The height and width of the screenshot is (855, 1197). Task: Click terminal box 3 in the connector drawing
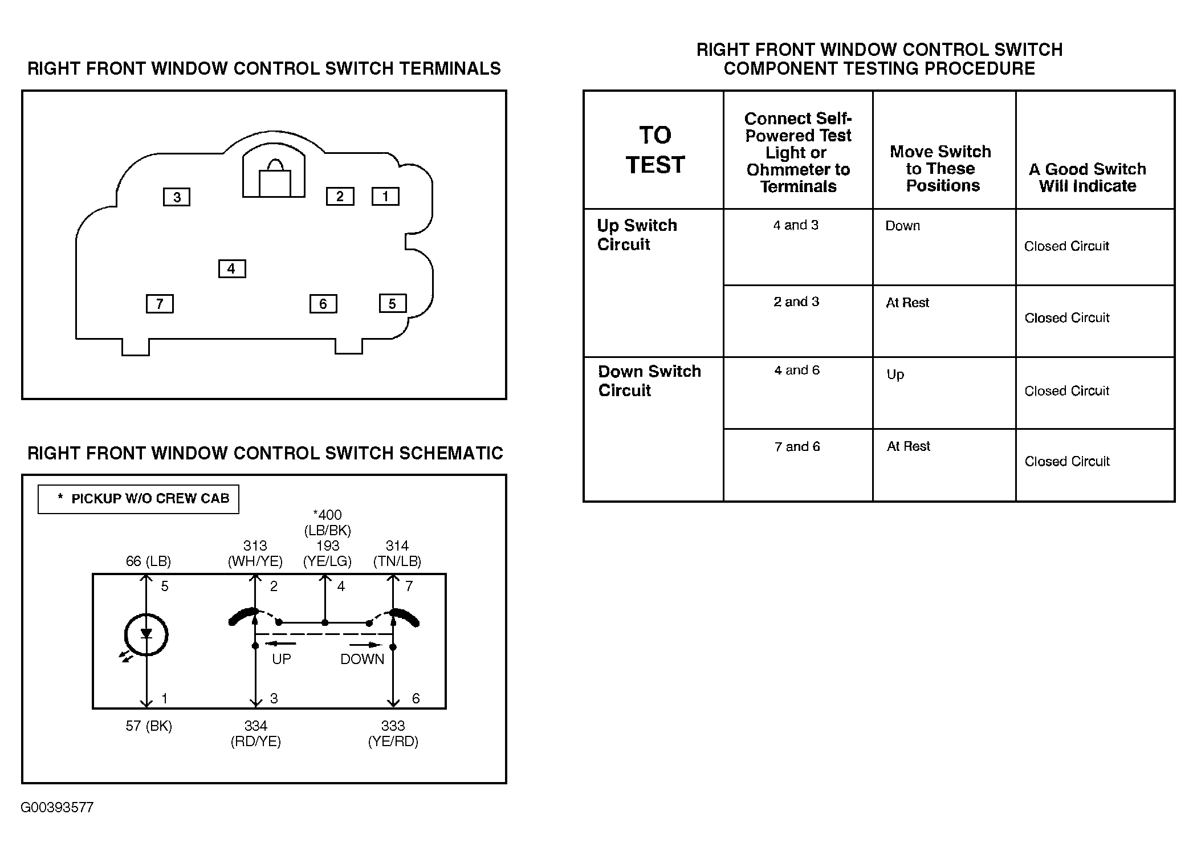(177, 197)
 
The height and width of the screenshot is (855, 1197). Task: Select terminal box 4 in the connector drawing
(232, 268)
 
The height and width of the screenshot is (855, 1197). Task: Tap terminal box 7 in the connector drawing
(160, 304)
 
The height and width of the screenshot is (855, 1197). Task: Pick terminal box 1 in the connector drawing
(385, 197)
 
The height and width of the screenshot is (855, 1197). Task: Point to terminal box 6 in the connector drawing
(323, 304)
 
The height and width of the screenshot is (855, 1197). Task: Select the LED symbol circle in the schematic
(146, 634)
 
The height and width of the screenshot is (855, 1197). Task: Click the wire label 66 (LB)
(148, 561)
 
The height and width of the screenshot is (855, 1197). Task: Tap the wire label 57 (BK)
(149, 726)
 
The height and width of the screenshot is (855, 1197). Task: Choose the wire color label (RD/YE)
(256, 742)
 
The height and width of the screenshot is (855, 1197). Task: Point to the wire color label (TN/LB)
(397, 561)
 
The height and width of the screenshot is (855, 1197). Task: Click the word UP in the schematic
(282, 659)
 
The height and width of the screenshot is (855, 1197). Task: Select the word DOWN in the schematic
(363, 659)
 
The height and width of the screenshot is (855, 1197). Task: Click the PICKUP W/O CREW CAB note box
(139, 499)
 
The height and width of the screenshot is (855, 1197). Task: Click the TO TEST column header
(655, 150)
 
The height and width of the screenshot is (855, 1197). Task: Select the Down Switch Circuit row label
(649, 381)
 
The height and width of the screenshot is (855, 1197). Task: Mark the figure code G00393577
(57, 808)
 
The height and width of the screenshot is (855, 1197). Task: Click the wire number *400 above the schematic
(328, 515)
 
